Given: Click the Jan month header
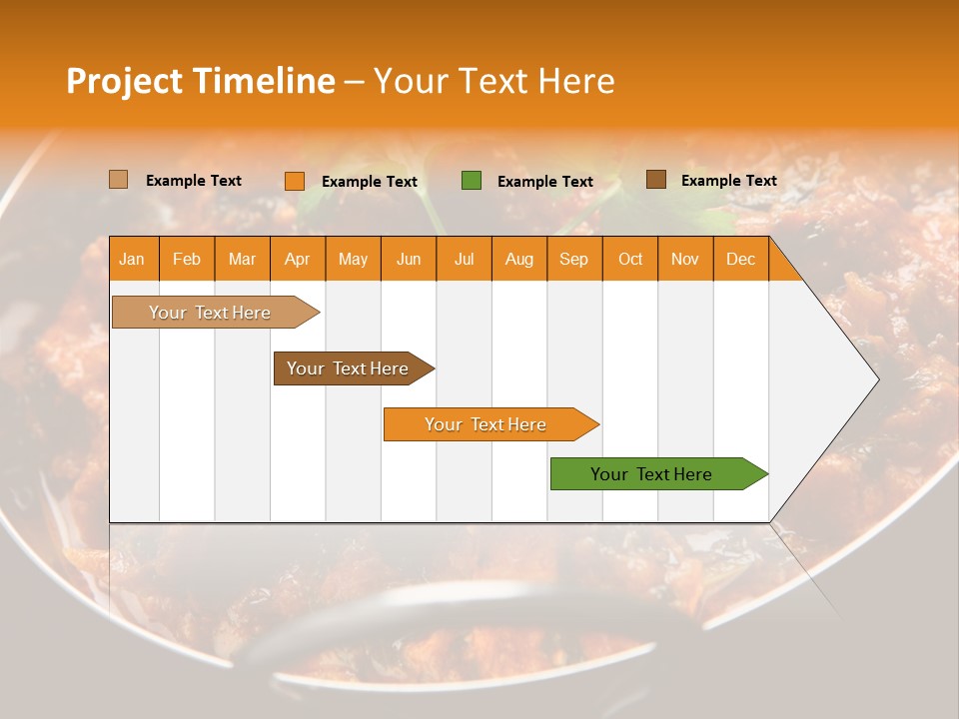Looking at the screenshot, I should [132, 259].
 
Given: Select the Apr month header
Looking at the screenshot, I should [297, 259].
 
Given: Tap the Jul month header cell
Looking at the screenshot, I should [464, 259].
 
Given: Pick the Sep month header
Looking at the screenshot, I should [573, 259].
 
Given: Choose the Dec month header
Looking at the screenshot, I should [740, 259].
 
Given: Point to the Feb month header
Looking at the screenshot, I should [187, 259].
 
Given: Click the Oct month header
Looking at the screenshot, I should [630, 259].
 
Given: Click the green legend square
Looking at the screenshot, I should [472, 181].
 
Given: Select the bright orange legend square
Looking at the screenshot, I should [295, 181].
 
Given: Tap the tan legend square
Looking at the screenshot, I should [119, 180].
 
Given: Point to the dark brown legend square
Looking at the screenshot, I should [656, 180].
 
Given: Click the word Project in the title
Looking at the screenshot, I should [123, 81].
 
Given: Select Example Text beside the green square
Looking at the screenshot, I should [544, 182].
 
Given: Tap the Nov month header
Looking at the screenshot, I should [685, 259].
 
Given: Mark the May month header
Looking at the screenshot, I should [353, 259].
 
